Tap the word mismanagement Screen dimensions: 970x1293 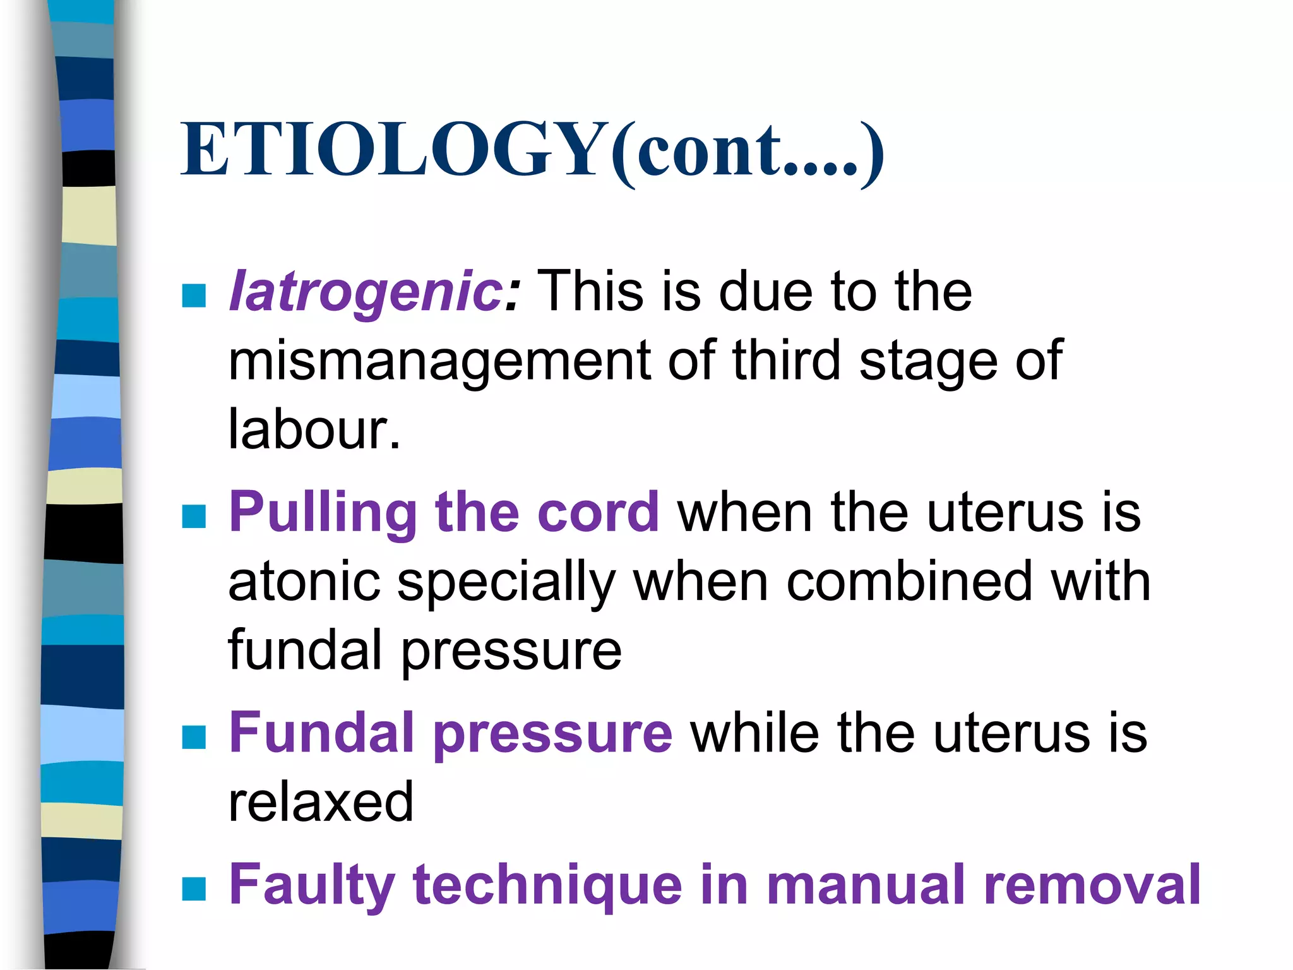[x=439, y=361]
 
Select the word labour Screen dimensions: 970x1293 [x=314, y=429]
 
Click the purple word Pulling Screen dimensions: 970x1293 [x=322, y=513]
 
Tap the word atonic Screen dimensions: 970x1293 [x=304, y=582]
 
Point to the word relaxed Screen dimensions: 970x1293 [x=321, y=802]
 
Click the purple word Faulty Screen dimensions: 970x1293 [x=312, y=885]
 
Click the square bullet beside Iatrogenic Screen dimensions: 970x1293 [x=194, y=295]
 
